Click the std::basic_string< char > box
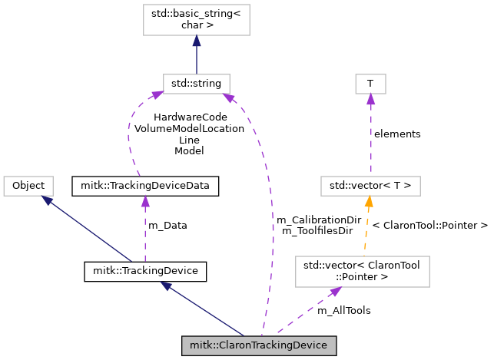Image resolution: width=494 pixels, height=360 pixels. [x=197, y=19]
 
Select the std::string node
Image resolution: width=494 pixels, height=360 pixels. [x=197, y=84]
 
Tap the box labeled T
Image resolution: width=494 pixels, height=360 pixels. [x=370, y=84]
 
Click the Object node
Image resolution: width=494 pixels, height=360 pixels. [x=28, y=186]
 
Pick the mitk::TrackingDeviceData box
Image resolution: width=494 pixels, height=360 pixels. [x=145, y=186]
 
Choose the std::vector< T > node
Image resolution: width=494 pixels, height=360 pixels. [x=370, y=186]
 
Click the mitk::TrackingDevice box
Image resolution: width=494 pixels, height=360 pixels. [x=145, y=271]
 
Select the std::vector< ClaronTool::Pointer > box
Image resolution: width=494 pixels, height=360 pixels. [x=363, y=271]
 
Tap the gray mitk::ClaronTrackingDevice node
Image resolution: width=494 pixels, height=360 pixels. [x=259, y=345]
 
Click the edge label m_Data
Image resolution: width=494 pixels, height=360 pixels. [x=167, y=226]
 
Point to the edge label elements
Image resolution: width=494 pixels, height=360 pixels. [x=397, y=134]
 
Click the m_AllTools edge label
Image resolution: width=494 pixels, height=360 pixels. [x=344, y=311]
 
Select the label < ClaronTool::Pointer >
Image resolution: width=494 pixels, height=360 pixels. [x=430, y=226]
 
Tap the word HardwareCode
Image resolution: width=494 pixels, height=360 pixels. [x=191, y=117]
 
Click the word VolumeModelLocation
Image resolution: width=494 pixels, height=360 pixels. [x=189, y=128]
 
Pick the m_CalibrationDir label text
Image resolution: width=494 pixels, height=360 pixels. [x=319, y=220]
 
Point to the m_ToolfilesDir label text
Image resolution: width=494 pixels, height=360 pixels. [x=317, y=231]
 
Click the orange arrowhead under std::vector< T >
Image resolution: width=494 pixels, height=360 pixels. [x=369, y=201]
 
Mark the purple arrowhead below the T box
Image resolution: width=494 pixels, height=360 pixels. [x=371, y=99]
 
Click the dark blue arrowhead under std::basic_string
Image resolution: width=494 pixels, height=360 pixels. [x=197, y=41]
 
